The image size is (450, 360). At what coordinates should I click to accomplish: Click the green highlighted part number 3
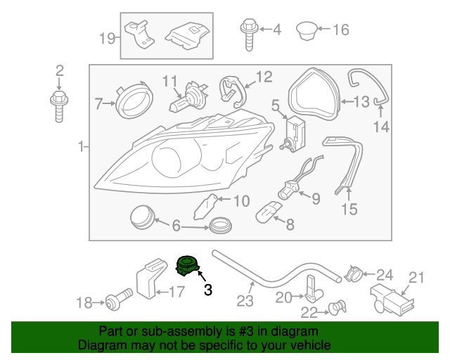[x=187, y=265]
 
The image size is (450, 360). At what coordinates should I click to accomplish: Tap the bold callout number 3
[x=207, y=289]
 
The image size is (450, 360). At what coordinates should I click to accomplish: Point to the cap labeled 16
[x=305, y=31]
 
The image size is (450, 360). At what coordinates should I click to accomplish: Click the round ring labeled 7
[x=134, y=102]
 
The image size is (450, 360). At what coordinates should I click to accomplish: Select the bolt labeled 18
[x=116, y=302]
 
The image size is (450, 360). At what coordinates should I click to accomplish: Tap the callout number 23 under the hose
[x=244, y=301]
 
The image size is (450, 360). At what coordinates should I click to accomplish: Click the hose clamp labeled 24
[x=355, y=272]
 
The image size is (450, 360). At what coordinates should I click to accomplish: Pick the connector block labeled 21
[x=391, y=298]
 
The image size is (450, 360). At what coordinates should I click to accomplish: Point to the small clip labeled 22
[x=337, y=307]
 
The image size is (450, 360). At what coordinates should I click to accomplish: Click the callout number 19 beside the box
[x=108, y=37]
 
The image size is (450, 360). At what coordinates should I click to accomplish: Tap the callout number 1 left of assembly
[x=82, y=148]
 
